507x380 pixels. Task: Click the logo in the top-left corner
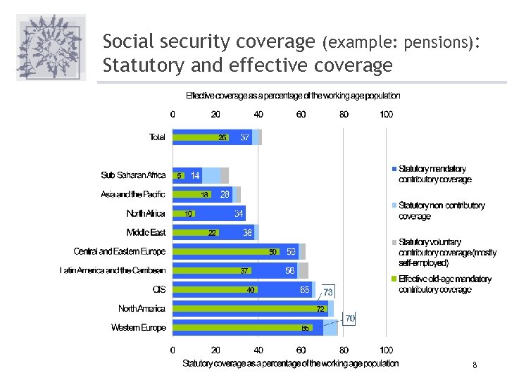[x=50, y=48]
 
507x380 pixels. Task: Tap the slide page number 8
[x=475, y=365]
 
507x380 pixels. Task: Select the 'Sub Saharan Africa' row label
[x=133, y=175]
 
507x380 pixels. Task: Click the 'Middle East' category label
[x=146, y=232]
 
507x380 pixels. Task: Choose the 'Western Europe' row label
[x=138, y=327]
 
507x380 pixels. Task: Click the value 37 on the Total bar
[x=245, y=137]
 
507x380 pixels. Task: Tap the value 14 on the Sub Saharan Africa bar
[x=195, y=175]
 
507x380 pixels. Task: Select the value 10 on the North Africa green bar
[x=189, y=213]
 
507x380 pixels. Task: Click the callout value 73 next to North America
[x=328, y=292]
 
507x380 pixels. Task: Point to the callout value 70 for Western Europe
[x=350, y=319]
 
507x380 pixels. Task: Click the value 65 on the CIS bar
[x=305, y=289]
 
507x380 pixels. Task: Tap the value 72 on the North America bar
[x=320, y=308]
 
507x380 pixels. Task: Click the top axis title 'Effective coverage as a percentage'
[x=293, y=96]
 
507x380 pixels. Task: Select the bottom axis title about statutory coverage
[x=290, y=363]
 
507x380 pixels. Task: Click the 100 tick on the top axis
[x=387, y=114]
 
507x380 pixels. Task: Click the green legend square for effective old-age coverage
[x=394, y=279]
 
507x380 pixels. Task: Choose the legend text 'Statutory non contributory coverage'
[x=442, y=210]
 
